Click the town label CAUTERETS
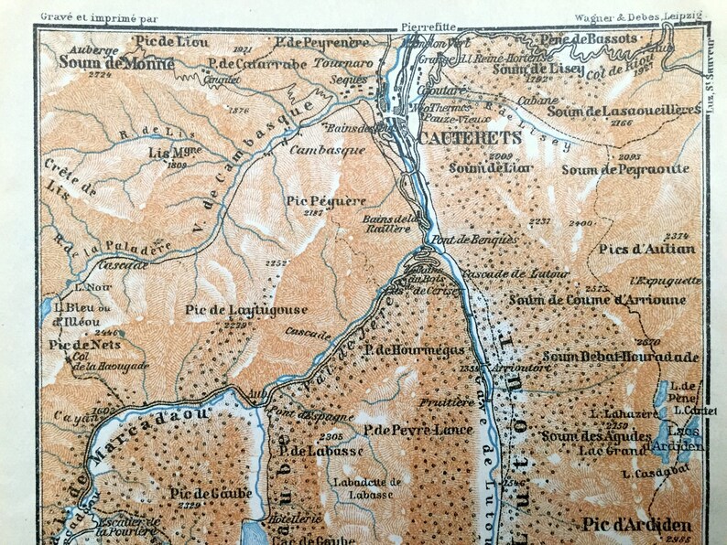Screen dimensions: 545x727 pos(469,137)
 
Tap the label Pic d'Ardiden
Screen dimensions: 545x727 pos(635,526)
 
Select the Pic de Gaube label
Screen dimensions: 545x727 pos(198,494)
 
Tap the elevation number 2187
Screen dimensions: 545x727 pos(314,212)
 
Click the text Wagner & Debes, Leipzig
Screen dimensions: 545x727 pos(638,16)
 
